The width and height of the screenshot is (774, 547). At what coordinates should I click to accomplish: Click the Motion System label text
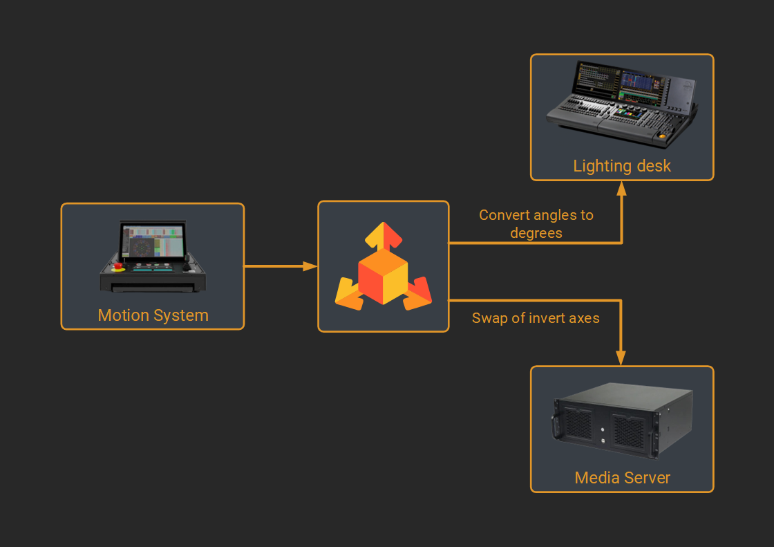click(x=153, y=315)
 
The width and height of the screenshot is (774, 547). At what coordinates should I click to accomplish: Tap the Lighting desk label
click(x=621, y=166)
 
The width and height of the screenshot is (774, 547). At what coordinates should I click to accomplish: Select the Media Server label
click(x=622, y=478)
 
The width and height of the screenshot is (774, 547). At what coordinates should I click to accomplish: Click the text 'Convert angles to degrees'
click(x=536, y=224)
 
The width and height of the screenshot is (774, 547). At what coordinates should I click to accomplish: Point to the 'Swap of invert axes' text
click(x=536, y=318)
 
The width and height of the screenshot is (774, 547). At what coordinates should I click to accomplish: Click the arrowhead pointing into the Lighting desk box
click(x=621, y=189)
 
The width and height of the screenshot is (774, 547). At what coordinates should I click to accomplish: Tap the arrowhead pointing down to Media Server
click(x=621, y=358)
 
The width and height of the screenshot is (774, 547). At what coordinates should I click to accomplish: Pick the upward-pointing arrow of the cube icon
click(x=383, y=235)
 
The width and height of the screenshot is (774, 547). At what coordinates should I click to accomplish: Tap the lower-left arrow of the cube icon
click(x=349, y=294)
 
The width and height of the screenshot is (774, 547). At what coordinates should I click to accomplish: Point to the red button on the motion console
click(x=118, y=265)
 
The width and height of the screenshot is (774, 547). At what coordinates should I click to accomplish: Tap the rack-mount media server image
click(x=621, y=422)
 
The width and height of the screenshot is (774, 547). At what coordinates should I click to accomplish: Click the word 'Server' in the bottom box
click(x=648, y=478)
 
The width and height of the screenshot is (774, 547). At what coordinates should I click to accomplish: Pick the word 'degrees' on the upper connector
click(x=536, y=233)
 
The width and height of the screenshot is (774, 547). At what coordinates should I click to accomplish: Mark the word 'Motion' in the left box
click(x=123, y=315)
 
